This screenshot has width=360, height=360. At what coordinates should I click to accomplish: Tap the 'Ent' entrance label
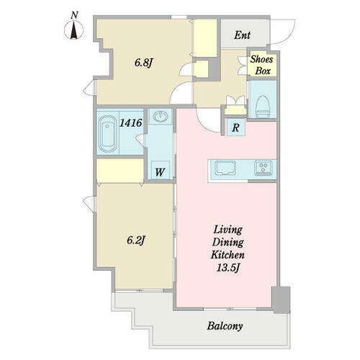(x=243, y=35)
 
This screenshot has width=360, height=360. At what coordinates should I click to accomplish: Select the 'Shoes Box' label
(x=262, y=65)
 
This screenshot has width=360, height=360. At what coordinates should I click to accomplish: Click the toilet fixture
(x=263, y=107)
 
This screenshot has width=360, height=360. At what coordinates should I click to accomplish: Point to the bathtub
(x=107, y=134)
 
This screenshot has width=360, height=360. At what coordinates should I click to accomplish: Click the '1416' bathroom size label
(x=130, y=122)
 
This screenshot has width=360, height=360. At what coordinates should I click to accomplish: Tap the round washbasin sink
(x=160, y=117)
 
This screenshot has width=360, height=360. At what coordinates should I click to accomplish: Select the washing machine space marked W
(x=160, y=170)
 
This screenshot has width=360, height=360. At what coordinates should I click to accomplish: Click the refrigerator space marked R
(x=236, y=127)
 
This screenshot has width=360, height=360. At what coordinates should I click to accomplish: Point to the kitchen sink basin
(x=225, y=168)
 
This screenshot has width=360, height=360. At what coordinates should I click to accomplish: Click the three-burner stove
(x=264, y=166)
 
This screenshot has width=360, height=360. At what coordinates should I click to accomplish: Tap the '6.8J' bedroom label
(x=143, y=63)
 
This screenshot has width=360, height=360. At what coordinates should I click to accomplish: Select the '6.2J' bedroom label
(x=136, y=240)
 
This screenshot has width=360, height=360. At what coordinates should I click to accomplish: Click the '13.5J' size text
(x=228, y=268)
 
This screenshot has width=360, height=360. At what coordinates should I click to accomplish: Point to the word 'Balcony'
(x=225, y=326)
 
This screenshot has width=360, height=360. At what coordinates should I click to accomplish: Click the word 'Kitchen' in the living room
(x=228, y=254)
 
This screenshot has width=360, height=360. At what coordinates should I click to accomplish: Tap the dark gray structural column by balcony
(x=282, y=300)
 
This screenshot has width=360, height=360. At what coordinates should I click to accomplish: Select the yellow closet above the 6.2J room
(x=120, y=171)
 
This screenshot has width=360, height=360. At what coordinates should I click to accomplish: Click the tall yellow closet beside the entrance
(x=205, y=38)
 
